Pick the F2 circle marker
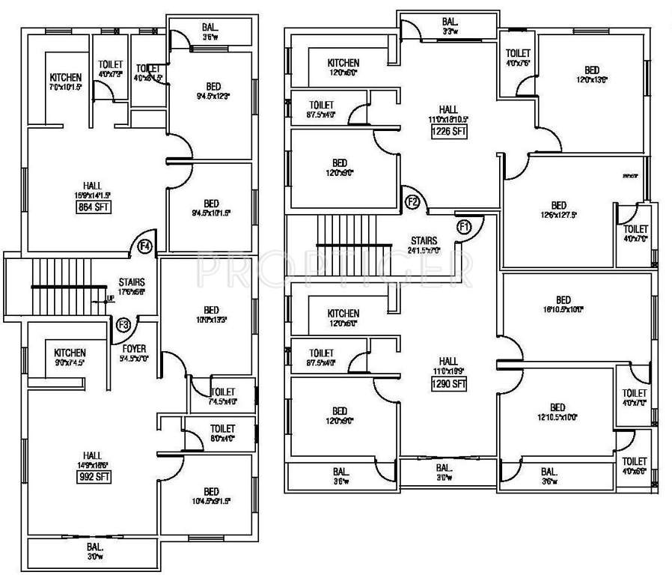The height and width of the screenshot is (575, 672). pyautogui.click(x=412, y=201)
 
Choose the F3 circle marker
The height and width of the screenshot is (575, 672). pyautogui.click(x=123, y=324)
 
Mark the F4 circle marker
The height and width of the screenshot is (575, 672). pyautogui.click(x=144, y=246)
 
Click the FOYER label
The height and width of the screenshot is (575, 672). pyautogui.click(x=136, y=348)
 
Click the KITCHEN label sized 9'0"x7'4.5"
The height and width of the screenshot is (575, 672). pyautogui.click(x=70, y=353)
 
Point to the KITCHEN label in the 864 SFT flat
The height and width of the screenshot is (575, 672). pyautogui.click(x=66, y=77)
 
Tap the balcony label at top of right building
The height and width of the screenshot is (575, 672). pyautogui.click(x=449, y=22)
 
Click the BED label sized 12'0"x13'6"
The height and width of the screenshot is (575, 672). pyautogui.click(x=592, y=70)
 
